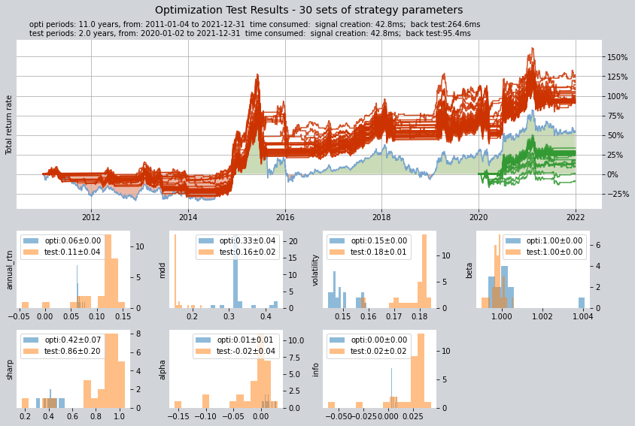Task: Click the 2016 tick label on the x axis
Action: [x=285, y=217]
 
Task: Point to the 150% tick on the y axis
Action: [x=617, y=57]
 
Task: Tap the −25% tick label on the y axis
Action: [x=618, y=194]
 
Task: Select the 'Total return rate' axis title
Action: [x=9, y=125]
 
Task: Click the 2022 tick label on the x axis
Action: [x=576, y=217]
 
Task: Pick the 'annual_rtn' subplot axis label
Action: [x=10, y=270]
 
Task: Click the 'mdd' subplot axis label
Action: [x=163, y=270]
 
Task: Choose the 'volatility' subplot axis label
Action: [x=316, y=270]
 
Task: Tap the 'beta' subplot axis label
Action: [x=469, y=270]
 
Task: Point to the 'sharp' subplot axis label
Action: [x=10, y=370]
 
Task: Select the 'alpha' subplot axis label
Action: [x=163, y=370]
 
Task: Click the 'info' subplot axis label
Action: [x=316, y=370]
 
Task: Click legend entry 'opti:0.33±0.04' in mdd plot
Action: [x=247, y=240]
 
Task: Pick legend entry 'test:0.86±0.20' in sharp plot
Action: [x=72, y=351]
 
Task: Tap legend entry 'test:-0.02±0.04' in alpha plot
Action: [x=246, y=351]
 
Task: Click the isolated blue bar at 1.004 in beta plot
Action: [x=582, y=303]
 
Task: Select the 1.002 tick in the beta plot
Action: [x=542, y=316]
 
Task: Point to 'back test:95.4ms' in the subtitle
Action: [x=438, y=33]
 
